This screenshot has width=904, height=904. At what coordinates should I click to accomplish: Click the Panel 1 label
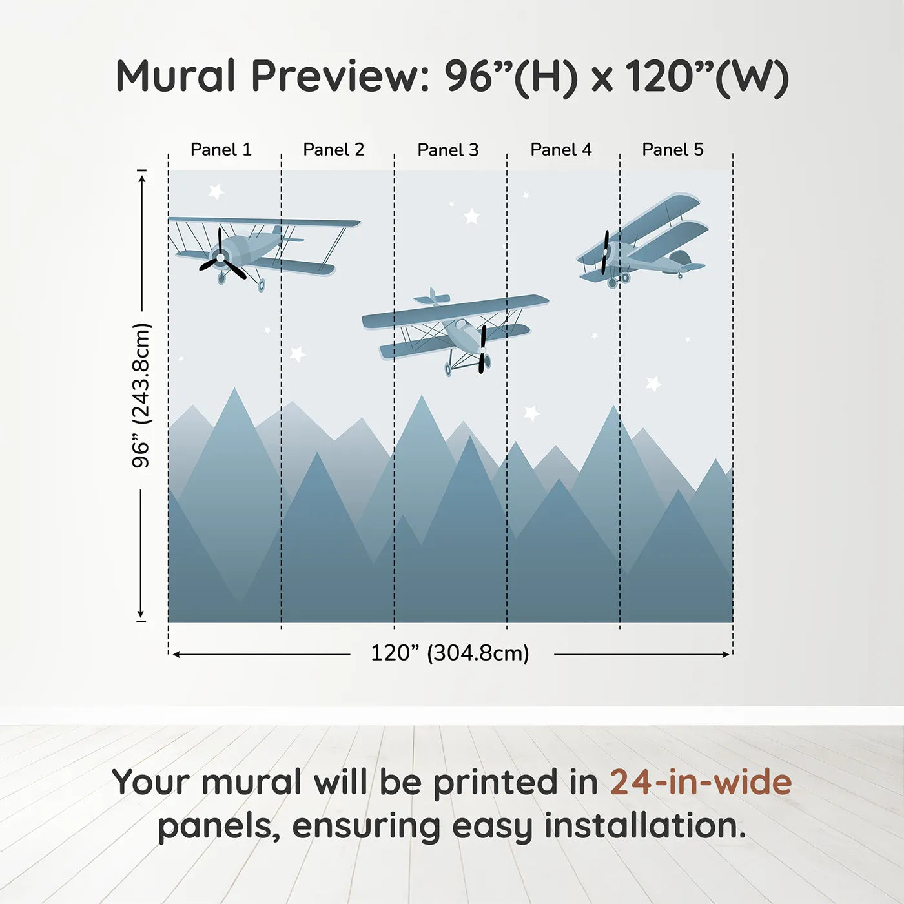pyautogui.click(x=221, y=150)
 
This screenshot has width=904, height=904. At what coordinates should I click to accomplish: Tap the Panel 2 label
pyautogui.click(x=334, y=150)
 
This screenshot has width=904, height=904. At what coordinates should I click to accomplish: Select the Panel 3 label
pyautogui.click(x=448, y=150)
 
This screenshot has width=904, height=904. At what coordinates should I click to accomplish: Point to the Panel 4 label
pyautogui.click(x=561, y=150)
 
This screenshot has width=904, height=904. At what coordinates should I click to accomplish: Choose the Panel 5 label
pyautogui.click(x=673, y=150)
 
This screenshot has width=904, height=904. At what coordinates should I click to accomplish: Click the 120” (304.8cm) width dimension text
pyautogui.click(x=450, y=653)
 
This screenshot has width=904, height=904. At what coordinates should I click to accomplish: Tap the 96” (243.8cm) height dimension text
pyautogui.click(x=141, y=395)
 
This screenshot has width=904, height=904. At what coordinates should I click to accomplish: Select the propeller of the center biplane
pyautogui.click(x=482, y=349)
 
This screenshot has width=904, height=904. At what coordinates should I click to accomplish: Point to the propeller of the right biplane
pyautogui.click(x=605, y=252)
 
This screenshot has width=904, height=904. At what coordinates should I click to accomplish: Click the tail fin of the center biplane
pyautogui.click(x=432, y=298)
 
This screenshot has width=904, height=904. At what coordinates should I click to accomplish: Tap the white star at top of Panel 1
pyautogui.click(x=216, y=191)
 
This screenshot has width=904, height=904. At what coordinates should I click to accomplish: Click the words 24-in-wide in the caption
pyautogui.click(x=701, y=782)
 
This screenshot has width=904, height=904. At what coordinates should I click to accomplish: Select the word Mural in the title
pyautogui.click(x=176, y=76)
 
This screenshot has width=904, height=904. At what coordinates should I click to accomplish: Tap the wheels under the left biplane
pyautogui.click(x=240, y=281)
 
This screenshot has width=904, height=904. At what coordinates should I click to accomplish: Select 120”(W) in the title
pyautogui.click(x=707, y=76)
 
